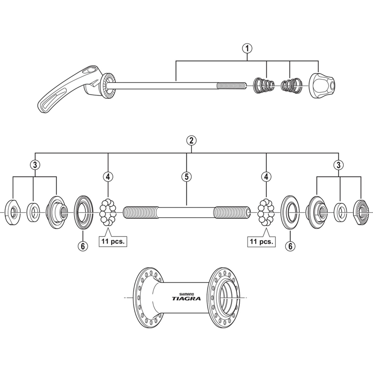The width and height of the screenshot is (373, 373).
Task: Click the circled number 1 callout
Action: (247, 48)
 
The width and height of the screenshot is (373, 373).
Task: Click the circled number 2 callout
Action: (190, 140)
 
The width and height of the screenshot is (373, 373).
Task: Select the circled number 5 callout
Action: (186, 177)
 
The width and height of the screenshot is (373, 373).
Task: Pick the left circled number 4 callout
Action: (108, 177)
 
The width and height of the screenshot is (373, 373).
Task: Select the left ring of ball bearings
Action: (108, 212)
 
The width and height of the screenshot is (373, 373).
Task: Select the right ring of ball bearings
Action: (266, 212)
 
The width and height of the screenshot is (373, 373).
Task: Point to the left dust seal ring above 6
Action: (84, 212)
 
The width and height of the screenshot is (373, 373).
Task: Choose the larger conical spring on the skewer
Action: (263, 85)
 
